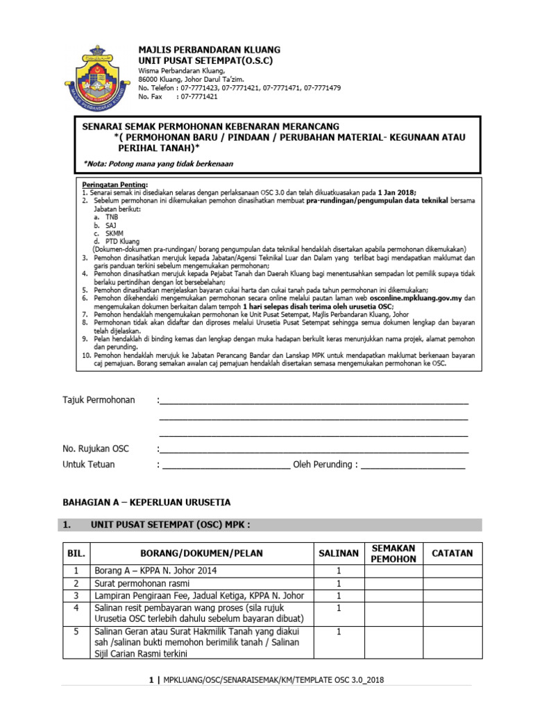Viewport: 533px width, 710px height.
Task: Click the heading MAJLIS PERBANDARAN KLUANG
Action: (209, 50)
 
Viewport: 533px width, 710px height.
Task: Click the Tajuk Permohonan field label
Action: (99, 400)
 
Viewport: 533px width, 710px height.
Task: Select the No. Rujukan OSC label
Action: (96, 449)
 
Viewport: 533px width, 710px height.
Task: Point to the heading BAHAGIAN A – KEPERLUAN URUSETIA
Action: (146, 502)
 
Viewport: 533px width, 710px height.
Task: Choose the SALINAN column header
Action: (338, 553)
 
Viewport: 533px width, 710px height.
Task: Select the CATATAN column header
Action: (452, 553)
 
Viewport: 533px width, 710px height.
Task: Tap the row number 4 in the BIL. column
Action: (74, 607)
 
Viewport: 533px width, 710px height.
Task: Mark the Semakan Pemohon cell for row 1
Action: (393, 571)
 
